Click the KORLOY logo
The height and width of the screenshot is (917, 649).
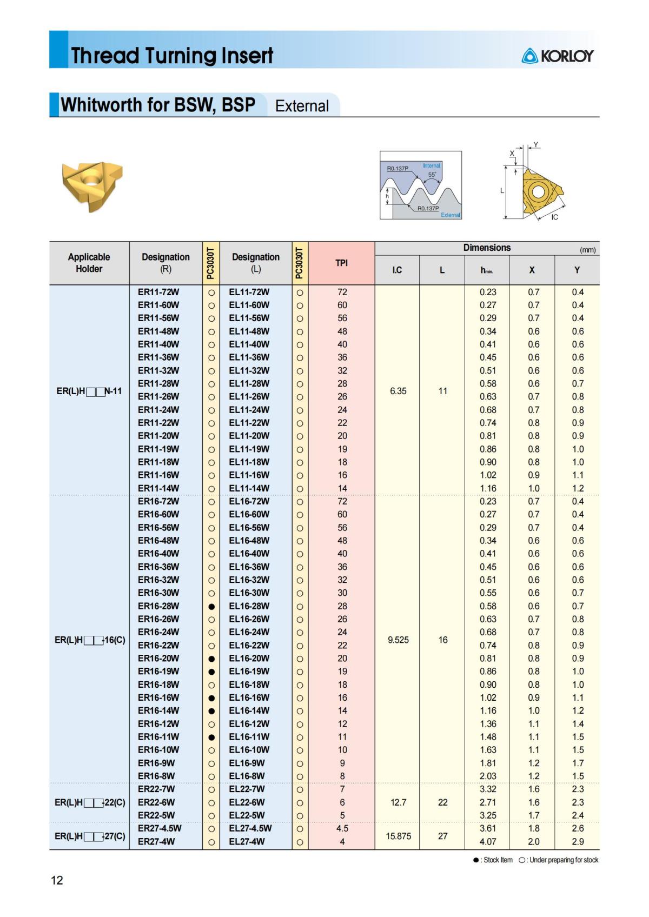pos(558,56)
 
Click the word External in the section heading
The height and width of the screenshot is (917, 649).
pos(302,106)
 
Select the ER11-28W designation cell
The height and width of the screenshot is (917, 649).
pos(158,383)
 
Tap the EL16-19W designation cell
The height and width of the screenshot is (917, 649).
pos(249,671)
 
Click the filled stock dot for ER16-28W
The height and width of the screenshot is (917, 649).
pos(211,607)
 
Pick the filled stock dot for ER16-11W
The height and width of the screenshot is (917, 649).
pos(211,737)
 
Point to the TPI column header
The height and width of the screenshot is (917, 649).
pos(341,263)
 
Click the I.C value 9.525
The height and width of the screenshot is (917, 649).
pos(398,640)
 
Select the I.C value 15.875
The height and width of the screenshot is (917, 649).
pos(398,836)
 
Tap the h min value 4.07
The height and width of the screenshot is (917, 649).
pos(488,841)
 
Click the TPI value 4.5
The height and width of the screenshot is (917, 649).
pos(342,828)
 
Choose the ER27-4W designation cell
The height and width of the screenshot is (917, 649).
pos(156,841)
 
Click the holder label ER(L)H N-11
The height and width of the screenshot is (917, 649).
pos(89,391)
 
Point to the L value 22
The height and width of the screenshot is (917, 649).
pos(442,802)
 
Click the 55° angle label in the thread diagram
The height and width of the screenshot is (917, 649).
pos(432,175)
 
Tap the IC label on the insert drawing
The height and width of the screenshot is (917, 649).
pos(554,217)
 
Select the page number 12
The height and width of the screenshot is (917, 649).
pos(57,880)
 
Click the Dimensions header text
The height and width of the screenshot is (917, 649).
pos(487,248)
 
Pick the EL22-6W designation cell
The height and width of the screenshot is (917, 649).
pos(247,802)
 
